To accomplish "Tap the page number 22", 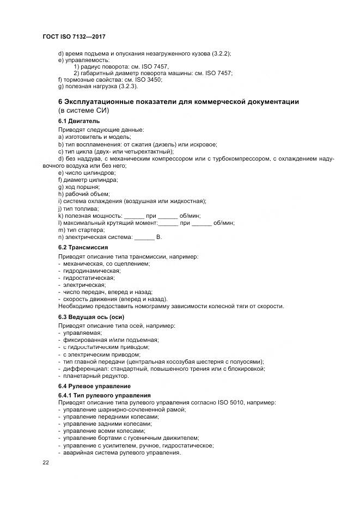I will (46, 462).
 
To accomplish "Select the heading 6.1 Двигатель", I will (78, 121).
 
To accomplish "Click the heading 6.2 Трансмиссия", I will (83, 247).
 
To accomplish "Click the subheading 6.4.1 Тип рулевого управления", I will (104, 395).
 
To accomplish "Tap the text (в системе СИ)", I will (84, 111).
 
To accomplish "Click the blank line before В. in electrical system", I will (144, 237).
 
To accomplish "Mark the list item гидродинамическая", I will (92, 271).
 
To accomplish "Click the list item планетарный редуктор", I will (96, 376).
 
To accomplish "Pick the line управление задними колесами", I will (107, 424).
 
